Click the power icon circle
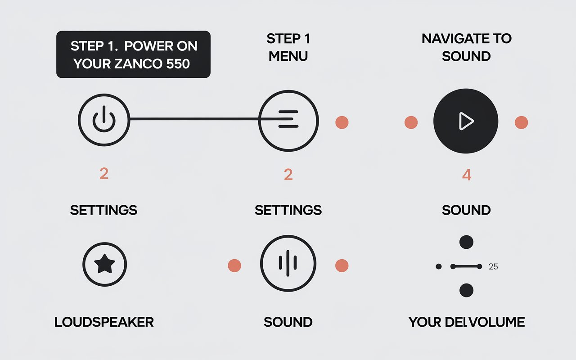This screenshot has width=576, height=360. pyautogui.click(x=104, y=120)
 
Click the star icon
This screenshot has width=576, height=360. pyautogui.click(x=105, y=264)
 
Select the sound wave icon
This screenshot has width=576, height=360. pyautogui.click(x=288, y=263)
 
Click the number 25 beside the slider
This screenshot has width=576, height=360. pyautogui.click(x=493, y=266)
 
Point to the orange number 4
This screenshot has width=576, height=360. pyautogui.click(x=467, y=175)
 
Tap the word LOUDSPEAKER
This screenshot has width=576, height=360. pyautogui.click(x=104, y=322)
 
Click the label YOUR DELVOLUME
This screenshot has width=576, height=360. pyautogui.click(x=467, y=322)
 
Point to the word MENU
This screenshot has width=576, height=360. pyautogui.click(x=288, y=56)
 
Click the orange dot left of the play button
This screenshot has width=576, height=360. pyautogui.click(x=411, y=122)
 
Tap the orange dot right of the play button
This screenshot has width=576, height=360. pyautogui.click(x=521, y=122)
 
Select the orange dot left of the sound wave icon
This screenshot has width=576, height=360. pyautogui.click(x=234, y=265)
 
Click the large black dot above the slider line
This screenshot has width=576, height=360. pyautogui.click(x=467, y=242)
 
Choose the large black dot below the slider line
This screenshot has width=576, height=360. pyautogui.click(x=467, y=290)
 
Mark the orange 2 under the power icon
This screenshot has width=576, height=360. pyautogui.click(x=104, y=174)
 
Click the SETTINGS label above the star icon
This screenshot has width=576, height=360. pyautogui.click(x=104, y=210)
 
